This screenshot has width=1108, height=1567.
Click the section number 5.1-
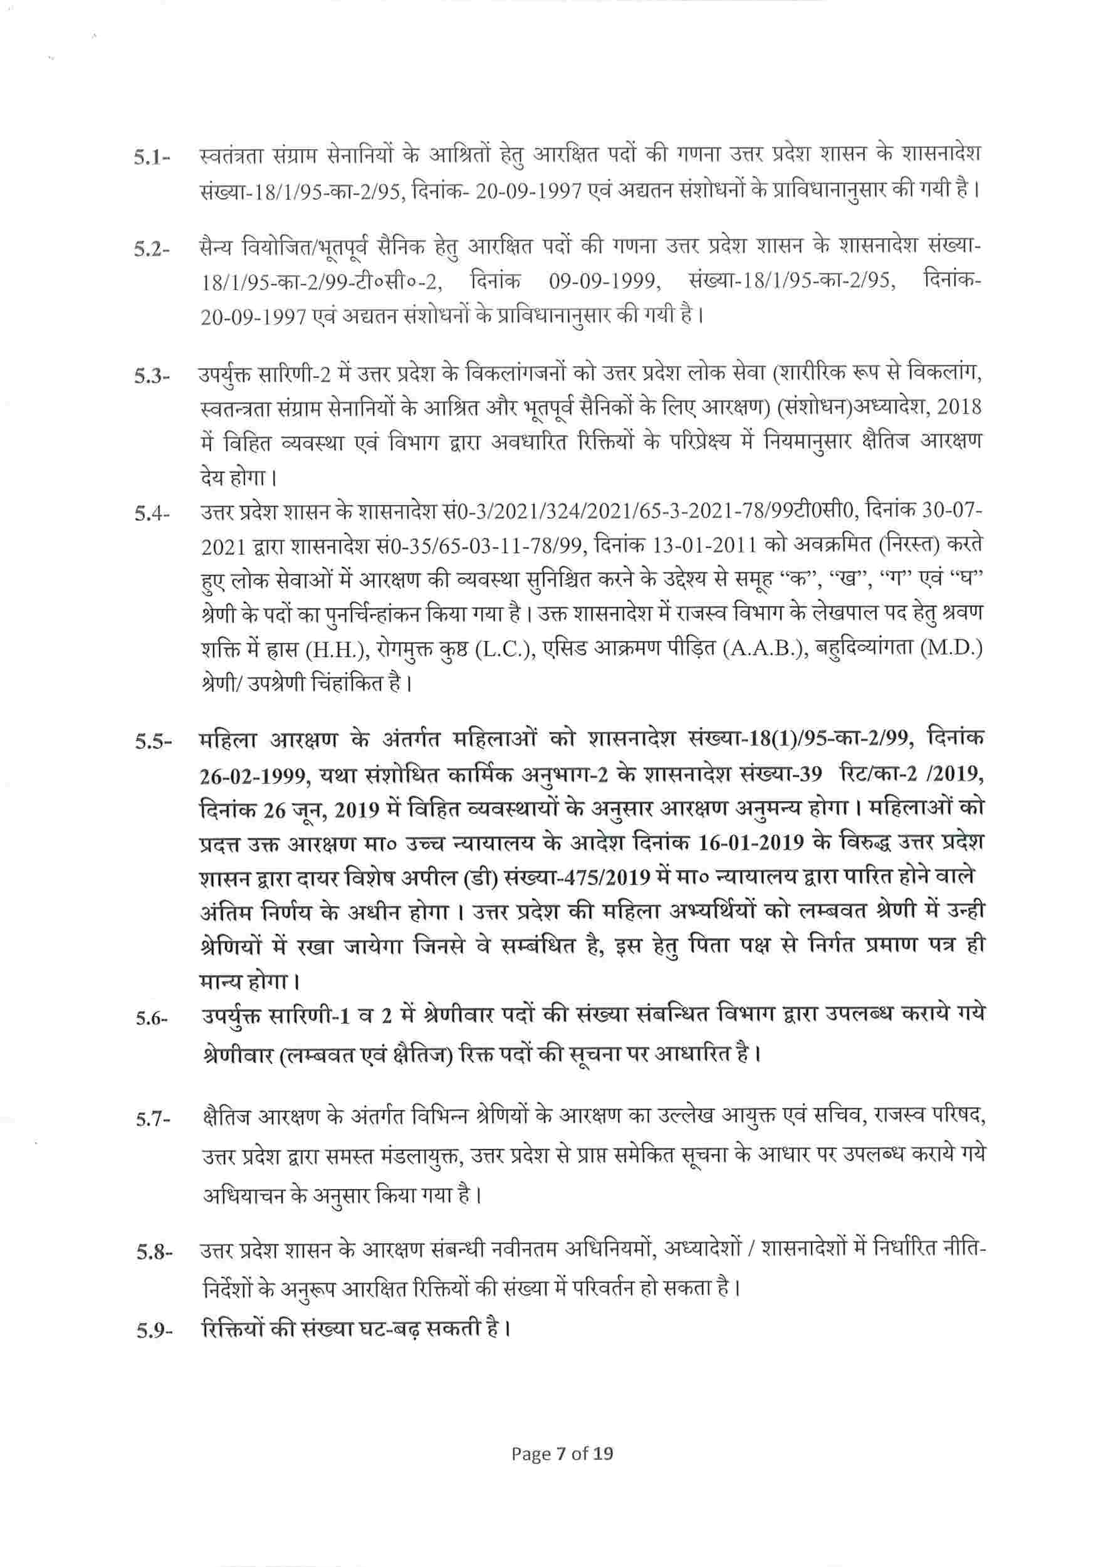pos(152,160)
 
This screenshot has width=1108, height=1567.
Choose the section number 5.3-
pos(152,377)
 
